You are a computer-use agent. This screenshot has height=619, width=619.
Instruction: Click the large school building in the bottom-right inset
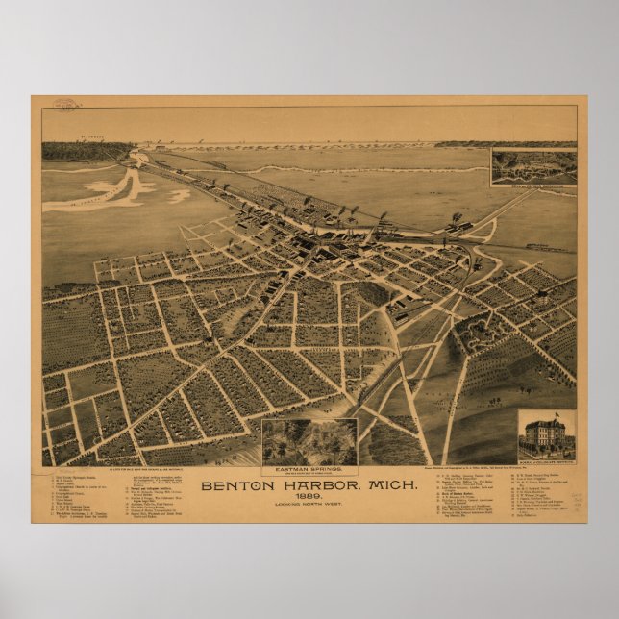click(547, 437)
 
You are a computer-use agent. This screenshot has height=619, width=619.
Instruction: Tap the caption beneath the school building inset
click(547, 464)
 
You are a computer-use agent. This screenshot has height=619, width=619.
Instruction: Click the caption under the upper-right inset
click(533, 181)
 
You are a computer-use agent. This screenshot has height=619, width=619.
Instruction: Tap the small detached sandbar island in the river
click(179, 195)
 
